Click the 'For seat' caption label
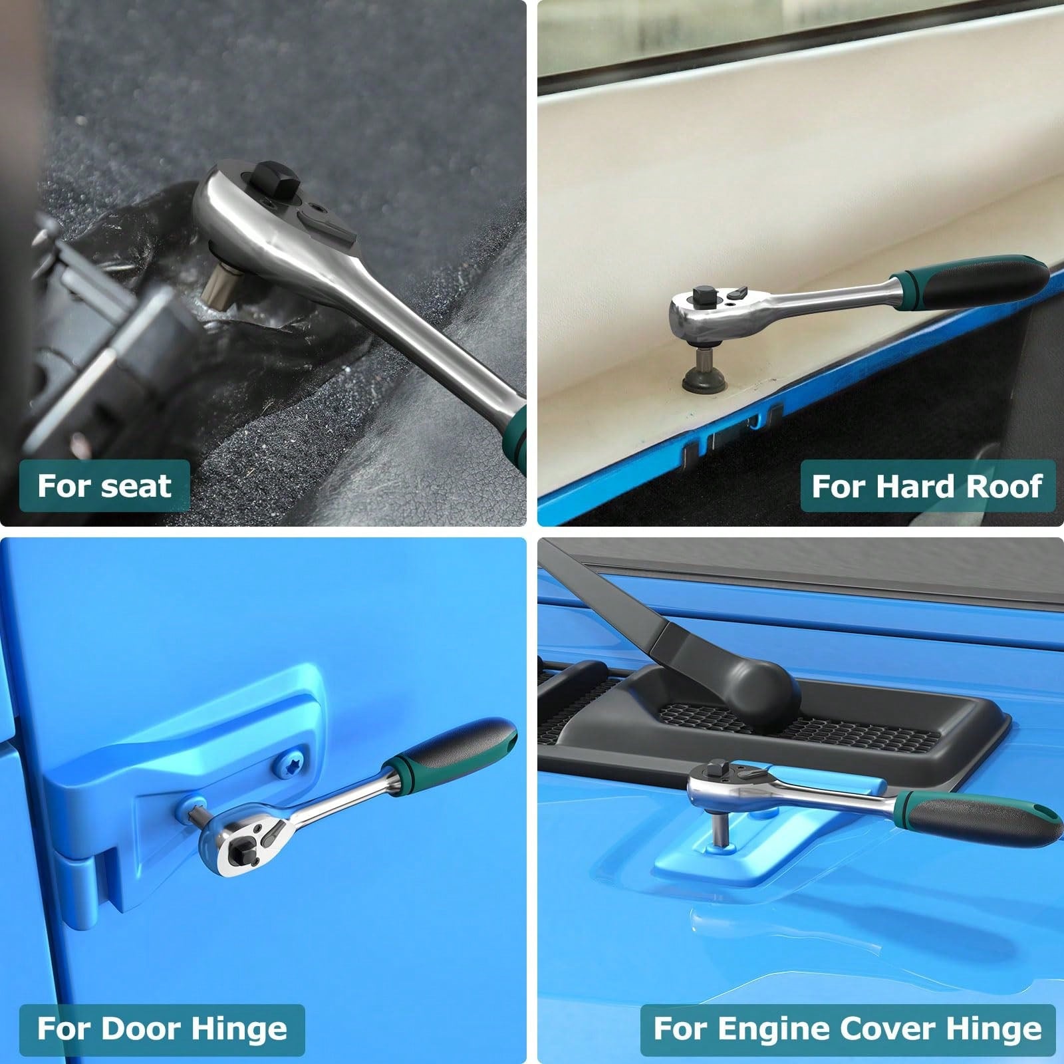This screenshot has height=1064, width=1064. click(104, 486)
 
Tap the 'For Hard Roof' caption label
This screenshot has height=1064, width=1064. click(927, 486)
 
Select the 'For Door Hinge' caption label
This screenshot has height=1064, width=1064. click(162, 1029)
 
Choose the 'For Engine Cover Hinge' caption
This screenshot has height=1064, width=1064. click(848, 1029)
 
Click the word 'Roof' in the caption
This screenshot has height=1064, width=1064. click(1003, 486)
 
